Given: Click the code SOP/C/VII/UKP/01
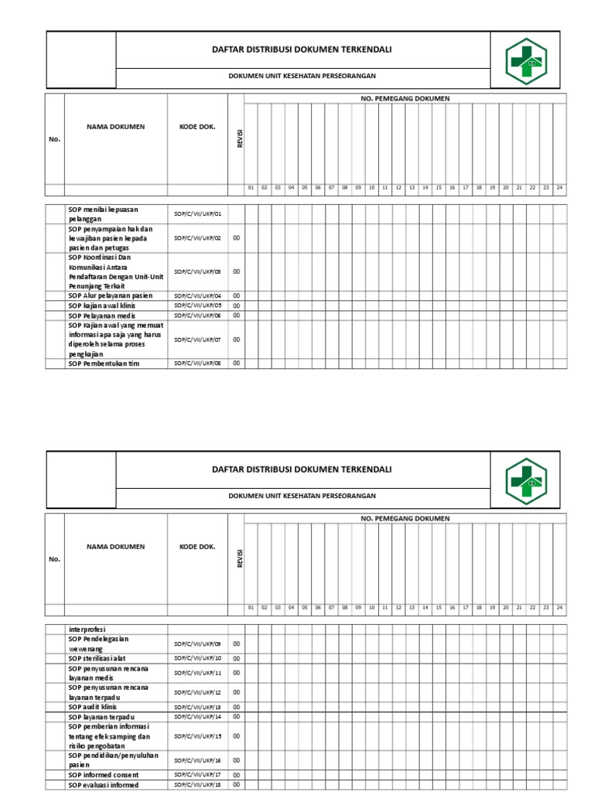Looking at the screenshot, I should pyautogui.click(x=197, y=213).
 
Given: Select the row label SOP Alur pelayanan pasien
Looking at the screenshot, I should pyautogui.click(x=110, y=295).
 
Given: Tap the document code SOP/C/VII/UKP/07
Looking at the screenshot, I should pyautogui.click(x=197, y=340).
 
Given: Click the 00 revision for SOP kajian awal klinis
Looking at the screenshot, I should pyautogui.click(x=237, y=306).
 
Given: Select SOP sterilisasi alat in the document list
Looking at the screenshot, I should pyautogui.click(x=101, y=658).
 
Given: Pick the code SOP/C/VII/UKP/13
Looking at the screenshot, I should pyautogui.click(x=197, y=707).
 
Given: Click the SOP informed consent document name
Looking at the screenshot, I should pyautogui.click(x=104, y=775).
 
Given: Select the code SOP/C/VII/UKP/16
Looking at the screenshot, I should pyautogui.click(x=197, y=760).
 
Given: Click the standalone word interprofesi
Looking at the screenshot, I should pyautogui.click(x=87, y=629).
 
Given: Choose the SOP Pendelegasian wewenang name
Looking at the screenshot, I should pyautogui.click(x=98, y=643).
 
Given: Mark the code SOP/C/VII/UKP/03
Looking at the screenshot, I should pyautogui.click(x=197, y=271).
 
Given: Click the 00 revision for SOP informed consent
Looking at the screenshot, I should pyautogui.click(x=237, y=775).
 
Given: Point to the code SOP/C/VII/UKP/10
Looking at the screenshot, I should pyautogui.click(x=197, y=658).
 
